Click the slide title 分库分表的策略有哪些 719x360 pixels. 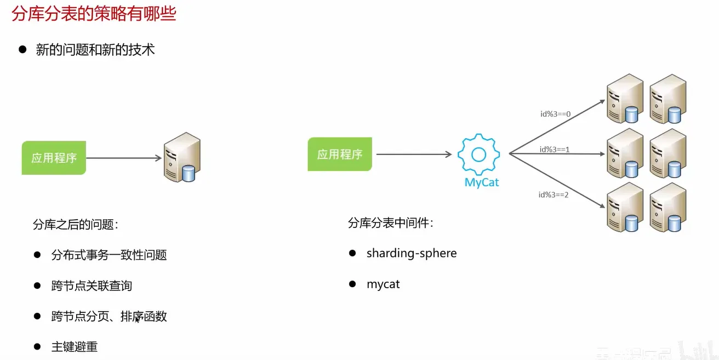click(94, 13)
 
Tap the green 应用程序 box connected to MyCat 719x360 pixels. click(340, 155)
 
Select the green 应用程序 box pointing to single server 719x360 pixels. click(54, 158)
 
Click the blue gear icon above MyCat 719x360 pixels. click(478, 155)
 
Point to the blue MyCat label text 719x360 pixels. click(482, 182)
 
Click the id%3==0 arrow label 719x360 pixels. click(556, 114)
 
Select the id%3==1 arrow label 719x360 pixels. click(555, 149)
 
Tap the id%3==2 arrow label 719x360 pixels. click(553, 194)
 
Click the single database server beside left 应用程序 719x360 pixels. click(182, 157)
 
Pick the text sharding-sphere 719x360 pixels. click(411, 253)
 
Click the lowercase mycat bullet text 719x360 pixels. click(383, 284)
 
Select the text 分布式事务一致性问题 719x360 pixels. click(109, 255)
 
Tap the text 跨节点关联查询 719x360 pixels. click(92, 285)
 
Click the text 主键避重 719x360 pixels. click(74, 347)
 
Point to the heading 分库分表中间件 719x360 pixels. click(391, 223)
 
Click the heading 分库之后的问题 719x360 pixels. click(76, 225)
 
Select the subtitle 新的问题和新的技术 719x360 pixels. click(95, 50)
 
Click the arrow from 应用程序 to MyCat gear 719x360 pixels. click(414, 155)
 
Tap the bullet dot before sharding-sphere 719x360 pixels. click(352, 253)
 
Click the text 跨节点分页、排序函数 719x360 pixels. click(109, 316)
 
